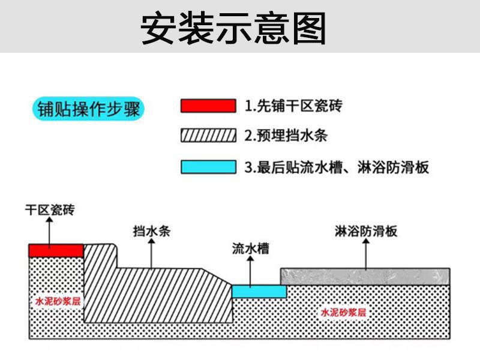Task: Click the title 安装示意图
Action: tap(233, 28)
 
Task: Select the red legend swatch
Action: tap(208, 106)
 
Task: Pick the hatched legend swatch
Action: tap(208, 136)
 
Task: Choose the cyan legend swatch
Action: tap(208, 166)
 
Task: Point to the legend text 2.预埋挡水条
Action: tap(286, 136)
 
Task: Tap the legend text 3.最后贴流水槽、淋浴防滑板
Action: tap(337, 167)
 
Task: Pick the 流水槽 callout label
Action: tap(251, 248)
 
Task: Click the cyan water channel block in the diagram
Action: tap(259, 291)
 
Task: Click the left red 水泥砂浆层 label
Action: tap(58, 301)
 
